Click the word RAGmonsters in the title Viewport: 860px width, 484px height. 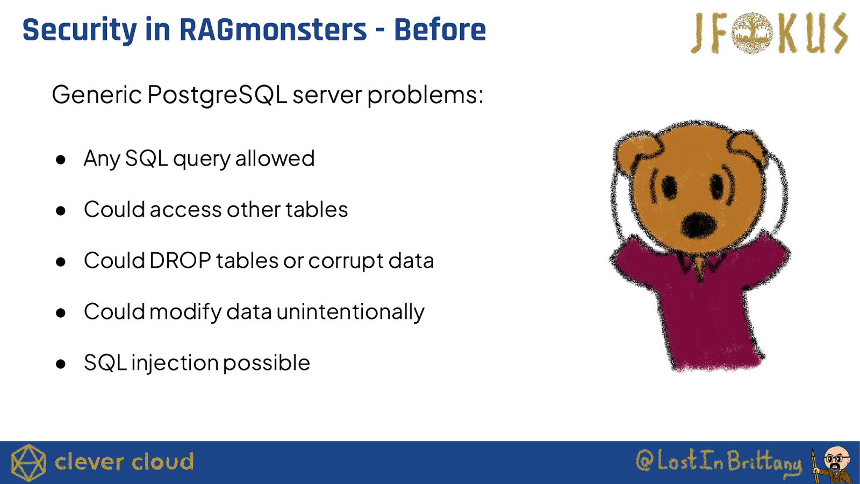coord(273,30)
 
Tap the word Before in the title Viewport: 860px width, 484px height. coord(440,30)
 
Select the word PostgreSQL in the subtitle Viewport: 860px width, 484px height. coord(217,95)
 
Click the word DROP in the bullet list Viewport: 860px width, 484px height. coord(180,260)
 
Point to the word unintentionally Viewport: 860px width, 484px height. coord(350,312)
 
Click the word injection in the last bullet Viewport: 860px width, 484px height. coord(175,363)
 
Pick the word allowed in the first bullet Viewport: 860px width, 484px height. coord(275,158)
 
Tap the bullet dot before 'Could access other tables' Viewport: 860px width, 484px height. coord(60,210)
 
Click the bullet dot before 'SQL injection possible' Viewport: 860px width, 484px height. coord(60,364)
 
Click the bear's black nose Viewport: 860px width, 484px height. coord(698,225)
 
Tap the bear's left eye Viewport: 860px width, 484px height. coord(670,188)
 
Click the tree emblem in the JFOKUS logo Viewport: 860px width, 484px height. coord(752,33)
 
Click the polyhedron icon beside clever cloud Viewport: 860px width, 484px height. coord(28,462)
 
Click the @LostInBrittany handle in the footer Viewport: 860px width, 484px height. coord(719,461)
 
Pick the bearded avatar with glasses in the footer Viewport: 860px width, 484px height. coord(833,464)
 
